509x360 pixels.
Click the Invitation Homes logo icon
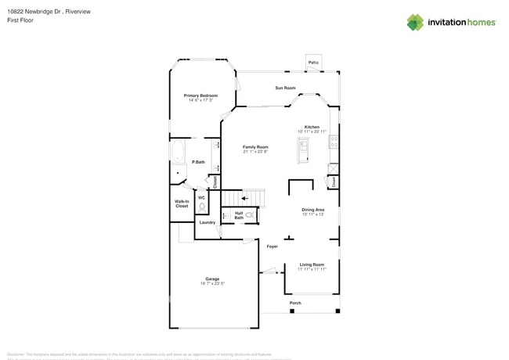(415, 22)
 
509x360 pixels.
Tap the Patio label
(313, 62)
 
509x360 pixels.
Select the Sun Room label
(284, 88)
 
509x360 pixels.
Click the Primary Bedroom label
(200, 95)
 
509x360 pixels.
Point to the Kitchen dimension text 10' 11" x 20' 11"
(312, 131)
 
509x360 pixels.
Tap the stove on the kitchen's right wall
(334, 142)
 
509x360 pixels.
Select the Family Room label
(255, 147)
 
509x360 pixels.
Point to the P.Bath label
(199, 162)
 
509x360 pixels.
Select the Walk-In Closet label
(182, 203)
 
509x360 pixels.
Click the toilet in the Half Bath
(250, 214)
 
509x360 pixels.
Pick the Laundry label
(207, 222)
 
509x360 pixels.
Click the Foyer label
(272, 247)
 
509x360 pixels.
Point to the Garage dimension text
(212, 284)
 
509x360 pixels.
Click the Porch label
(295, 303)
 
